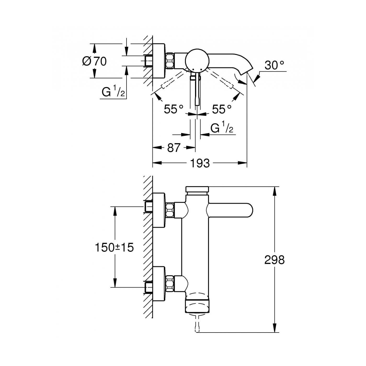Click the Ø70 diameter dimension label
pos(94,61)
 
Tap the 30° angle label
pos(274,65)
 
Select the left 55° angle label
pos(174,109)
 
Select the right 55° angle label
pos(222,109)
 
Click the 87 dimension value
pos(174,148)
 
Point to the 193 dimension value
pos(200,163)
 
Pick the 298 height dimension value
pos(274,260)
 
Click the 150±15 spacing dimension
pos(114,247)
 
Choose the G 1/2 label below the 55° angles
pos(222,128)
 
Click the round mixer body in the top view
pos(197,60)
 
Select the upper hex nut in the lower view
pos(170,210)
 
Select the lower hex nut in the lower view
pos(170,283)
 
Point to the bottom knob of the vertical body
pos(197,306)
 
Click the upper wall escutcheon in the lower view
pos(159,210)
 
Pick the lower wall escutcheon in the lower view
pos(159,283)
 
